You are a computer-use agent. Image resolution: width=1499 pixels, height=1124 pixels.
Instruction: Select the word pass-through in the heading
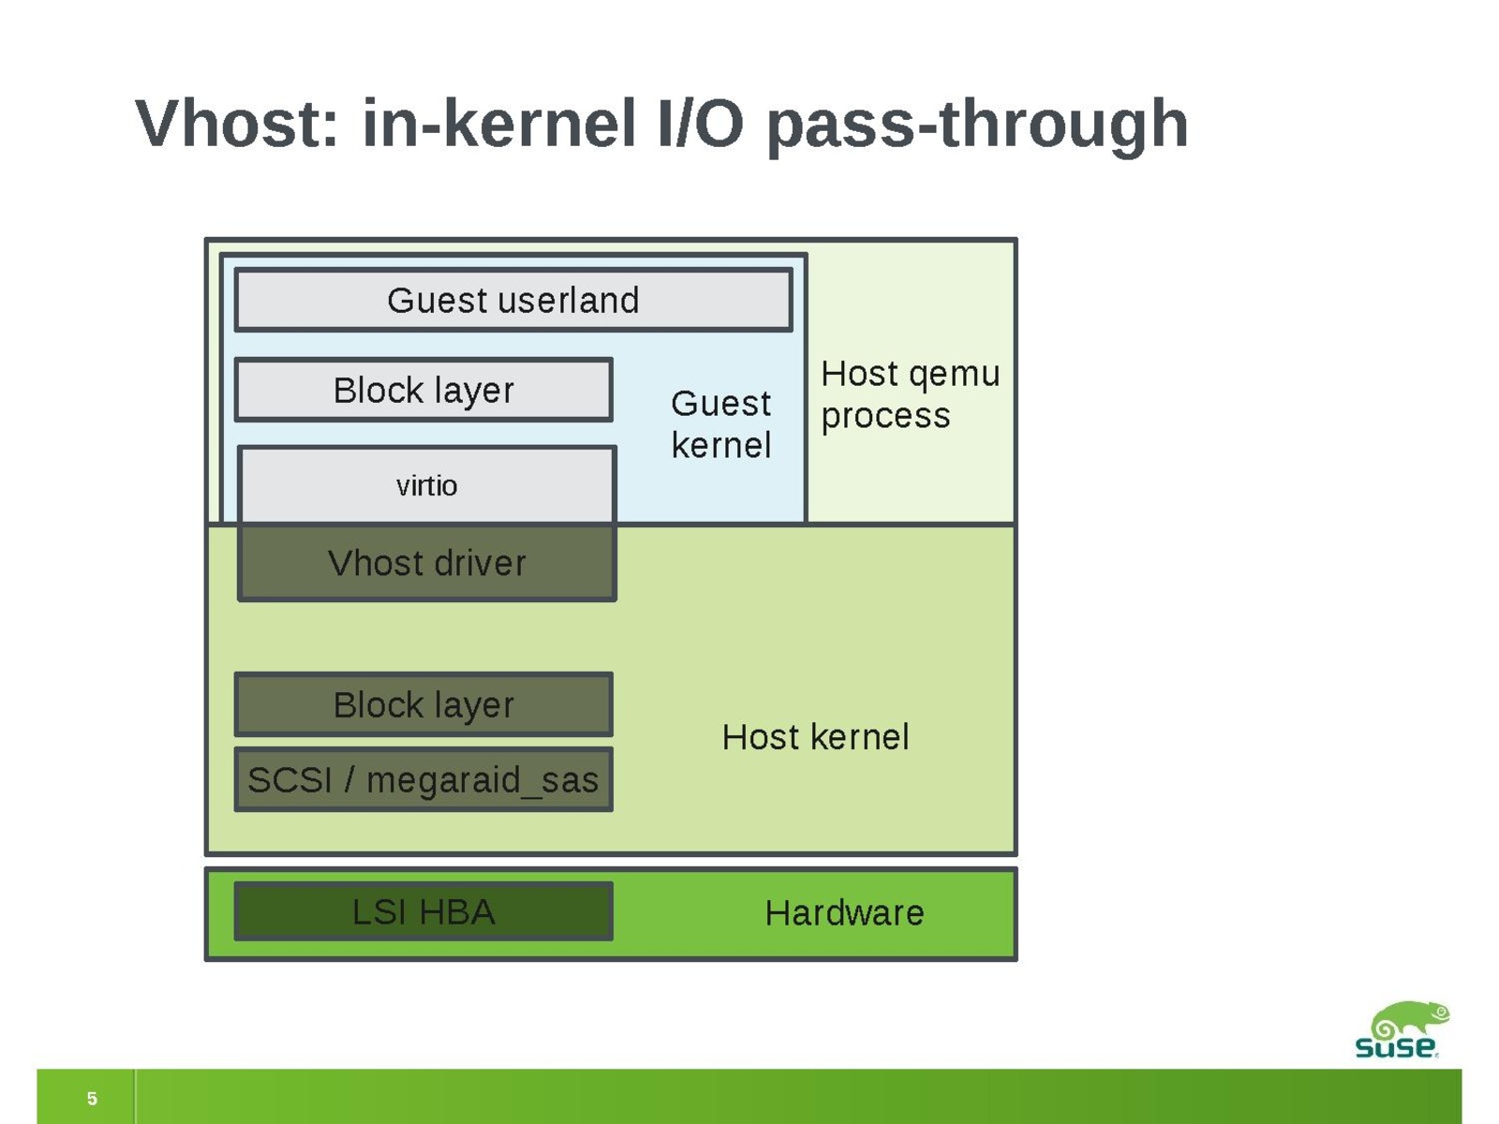pos(977,125)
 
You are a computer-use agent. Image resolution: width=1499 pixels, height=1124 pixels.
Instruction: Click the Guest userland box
pos(513,301)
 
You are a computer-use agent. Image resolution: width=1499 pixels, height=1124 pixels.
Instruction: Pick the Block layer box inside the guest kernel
pos(423,390)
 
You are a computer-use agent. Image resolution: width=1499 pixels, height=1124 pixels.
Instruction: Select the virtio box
pos(427,485)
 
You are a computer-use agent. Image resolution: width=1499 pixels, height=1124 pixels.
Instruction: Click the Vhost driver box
pos(427,563)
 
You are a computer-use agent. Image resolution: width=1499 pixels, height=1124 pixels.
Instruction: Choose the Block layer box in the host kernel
pos(423,704)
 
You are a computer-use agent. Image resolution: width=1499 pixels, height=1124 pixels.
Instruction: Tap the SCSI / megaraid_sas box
pos(423,779)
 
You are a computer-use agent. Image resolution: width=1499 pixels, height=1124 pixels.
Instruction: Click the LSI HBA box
pos(423,911)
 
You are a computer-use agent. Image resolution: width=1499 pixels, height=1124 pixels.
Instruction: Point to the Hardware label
pos(844,912)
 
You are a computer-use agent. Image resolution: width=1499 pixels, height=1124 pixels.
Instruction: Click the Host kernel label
pos(815,737)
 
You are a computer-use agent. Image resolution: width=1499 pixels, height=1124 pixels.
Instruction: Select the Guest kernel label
pos(721,424)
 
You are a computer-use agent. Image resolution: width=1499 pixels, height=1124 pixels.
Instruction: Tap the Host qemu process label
pos(910,394)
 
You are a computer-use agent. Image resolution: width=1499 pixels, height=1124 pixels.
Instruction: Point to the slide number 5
pos(92,1098)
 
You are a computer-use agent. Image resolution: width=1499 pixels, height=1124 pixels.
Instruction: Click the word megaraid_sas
pos(482,780)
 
